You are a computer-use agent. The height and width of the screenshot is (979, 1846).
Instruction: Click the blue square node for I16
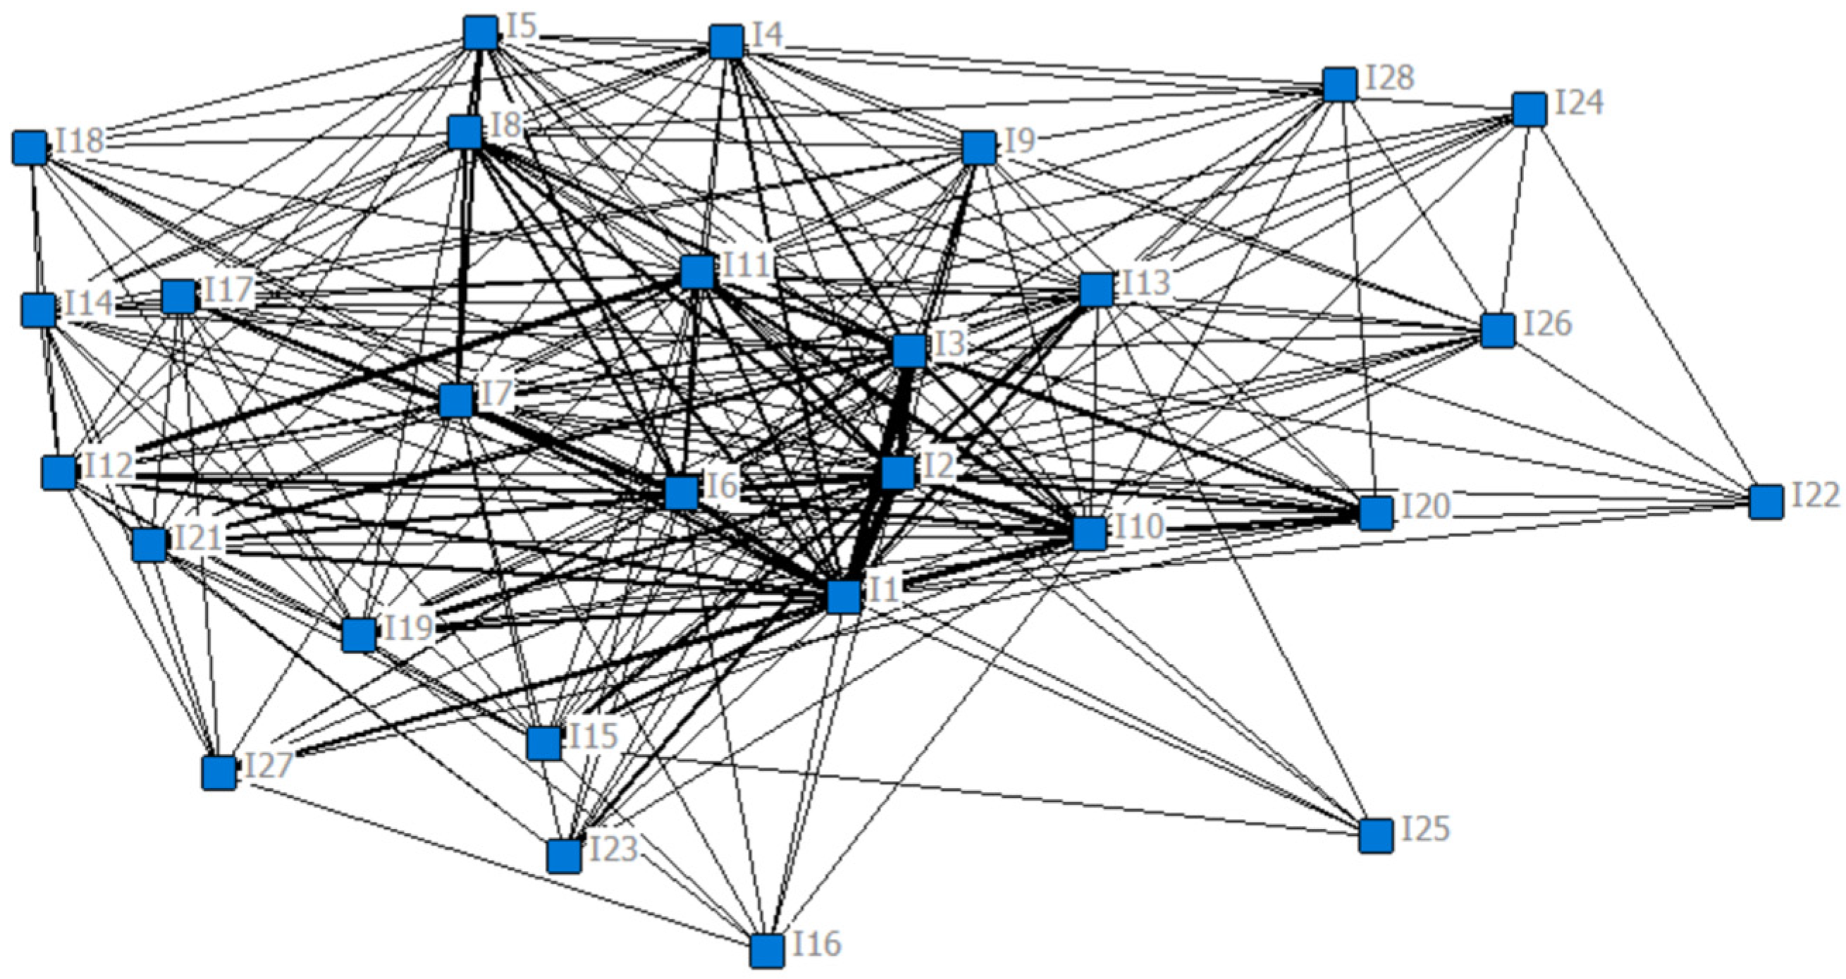tap(767, 950)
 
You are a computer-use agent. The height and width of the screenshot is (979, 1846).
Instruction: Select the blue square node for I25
tap(1375, 836)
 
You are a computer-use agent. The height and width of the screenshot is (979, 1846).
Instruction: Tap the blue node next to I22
tap(1766, 502)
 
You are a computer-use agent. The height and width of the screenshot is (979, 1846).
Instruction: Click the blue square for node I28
tap(1339, 85)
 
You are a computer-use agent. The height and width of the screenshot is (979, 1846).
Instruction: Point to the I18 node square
tap(30, 147)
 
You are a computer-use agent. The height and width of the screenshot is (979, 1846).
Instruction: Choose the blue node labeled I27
tap(219, 772)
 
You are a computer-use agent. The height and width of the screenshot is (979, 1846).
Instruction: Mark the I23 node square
tap(563, 855)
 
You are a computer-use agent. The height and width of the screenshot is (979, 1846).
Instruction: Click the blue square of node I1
tap(844, 596)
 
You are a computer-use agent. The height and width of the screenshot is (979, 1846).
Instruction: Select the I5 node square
tap(480, 33)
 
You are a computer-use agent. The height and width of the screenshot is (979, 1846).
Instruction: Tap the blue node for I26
tap(1498, 331)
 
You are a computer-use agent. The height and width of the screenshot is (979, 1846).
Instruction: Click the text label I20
tap(1425, 507)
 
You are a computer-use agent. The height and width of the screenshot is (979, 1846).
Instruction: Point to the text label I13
tap(1145, 283)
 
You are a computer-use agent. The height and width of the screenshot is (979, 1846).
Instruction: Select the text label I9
tap(1019, 141)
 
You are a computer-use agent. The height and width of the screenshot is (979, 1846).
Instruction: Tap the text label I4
tap(768, 35)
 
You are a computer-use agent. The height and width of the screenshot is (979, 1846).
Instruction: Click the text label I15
tap(593, 736)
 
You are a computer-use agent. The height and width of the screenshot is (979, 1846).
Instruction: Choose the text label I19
tap(409, 628)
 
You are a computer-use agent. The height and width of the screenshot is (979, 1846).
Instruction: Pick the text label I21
tap(198, 538)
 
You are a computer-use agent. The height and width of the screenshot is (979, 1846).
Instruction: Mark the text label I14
tap(90, 304)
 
